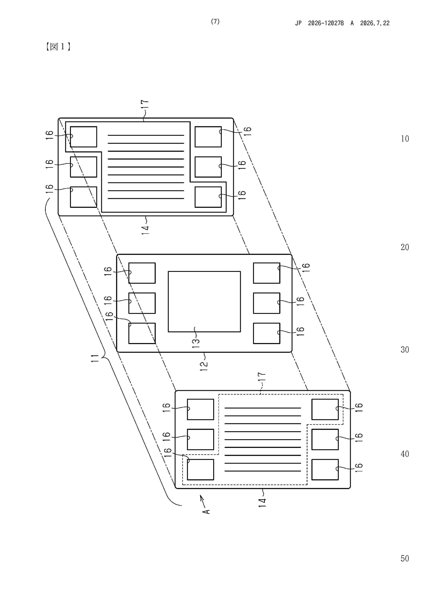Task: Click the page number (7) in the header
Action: point(215,22)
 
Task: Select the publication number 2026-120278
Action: point(326,23)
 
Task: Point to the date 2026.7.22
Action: point(375,23)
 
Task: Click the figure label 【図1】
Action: point(58,47)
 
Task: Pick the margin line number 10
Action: point(405,139)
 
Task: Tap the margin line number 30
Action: point(405,350)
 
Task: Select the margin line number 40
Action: point(405,454)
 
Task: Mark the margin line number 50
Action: point(405,558)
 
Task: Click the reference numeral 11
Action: point(95,358)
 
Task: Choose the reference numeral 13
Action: point(196,344)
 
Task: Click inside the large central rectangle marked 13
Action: point(204,302)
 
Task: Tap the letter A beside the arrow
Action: point(206,511)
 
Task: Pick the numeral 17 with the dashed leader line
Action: point(262,377)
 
